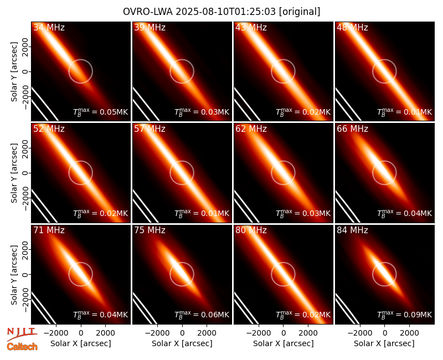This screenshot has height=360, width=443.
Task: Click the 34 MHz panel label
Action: coord(49,27)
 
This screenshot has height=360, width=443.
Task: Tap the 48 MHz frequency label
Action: coord(352,27)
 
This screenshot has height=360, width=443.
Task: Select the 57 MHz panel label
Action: coord(150,129)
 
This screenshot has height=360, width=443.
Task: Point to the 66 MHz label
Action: coord(352,129)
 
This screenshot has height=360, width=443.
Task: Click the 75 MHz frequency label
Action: coord(150,230)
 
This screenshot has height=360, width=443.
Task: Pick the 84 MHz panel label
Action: coord(352,230)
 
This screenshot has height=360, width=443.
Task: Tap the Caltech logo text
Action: coord(22,347)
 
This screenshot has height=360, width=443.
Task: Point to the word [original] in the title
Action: coord(300,12)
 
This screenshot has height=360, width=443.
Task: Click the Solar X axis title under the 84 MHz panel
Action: coord(384,343)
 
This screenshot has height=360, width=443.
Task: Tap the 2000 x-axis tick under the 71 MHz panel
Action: coord(105,333)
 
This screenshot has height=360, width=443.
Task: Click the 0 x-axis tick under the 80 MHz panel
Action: coord(284,333)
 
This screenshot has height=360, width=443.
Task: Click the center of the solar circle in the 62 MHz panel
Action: coord(283,173)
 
